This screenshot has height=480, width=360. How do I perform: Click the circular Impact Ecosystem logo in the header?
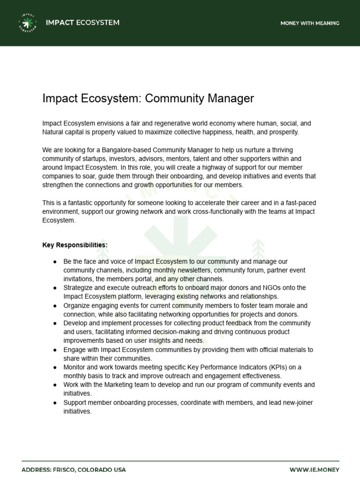coord(28,23)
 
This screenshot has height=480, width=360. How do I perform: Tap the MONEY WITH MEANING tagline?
coord(310,23)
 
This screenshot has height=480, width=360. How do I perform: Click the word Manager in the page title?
coord(229,98)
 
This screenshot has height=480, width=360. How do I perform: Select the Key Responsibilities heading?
coord(75,245)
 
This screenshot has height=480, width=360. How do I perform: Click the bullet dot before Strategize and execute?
coord(55,287)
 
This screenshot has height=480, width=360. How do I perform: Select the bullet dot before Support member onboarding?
coord(55,403)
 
